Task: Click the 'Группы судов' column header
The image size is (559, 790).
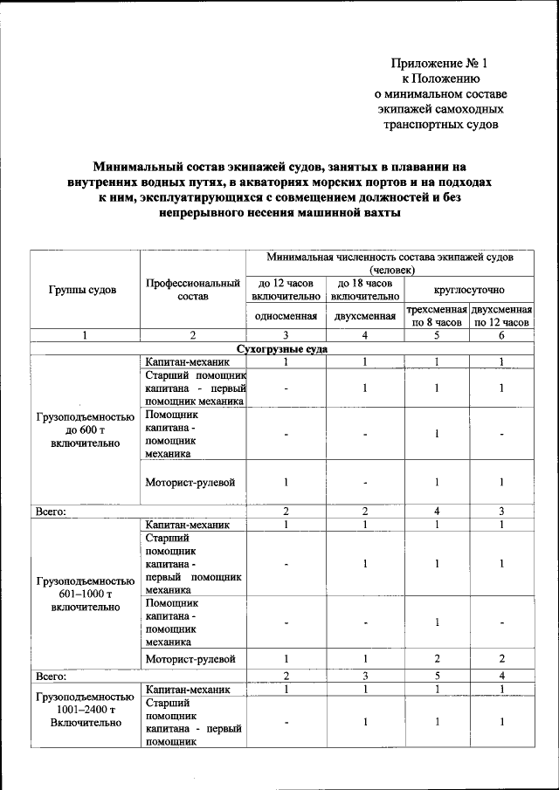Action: coord(86,290)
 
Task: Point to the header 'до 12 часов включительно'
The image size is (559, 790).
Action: coord(286,290)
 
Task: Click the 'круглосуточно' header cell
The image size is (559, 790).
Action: coord(469,289)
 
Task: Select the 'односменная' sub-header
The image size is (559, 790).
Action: coord(286,316)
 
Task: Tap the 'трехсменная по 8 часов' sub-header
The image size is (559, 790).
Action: coord(436,316)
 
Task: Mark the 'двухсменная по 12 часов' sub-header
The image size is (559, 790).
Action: coord(501,316)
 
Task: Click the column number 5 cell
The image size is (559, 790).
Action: coord(436,335)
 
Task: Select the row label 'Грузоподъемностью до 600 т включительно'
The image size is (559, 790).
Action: coord(85,430)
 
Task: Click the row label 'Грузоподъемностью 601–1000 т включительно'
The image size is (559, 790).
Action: coord(85,593)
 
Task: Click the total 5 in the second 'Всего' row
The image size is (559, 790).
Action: coord(436,675)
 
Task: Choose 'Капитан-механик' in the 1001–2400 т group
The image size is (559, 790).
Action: coord(188,689)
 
